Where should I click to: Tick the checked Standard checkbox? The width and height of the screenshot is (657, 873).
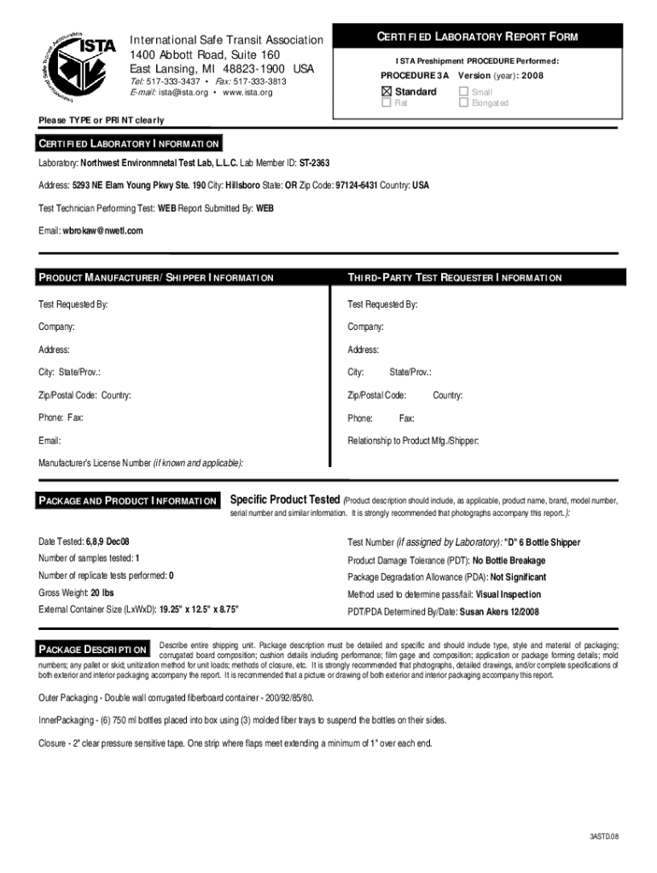click(387, 91)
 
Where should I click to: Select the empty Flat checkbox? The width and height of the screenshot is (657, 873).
click(387, 103)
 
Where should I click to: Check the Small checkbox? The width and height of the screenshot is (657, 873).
click(464, 91)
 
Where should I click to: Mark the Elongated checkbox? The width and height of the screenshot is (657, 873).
click(464, 103)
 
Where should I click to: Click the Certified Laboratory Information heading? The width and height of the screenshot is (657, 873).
click(129, 143)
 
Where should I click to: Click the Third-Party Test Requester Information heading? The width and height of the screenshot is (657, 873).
click(454, 278)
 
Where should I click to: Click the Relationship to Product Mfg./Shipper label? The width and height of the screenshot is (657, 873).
click(413, 441)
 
